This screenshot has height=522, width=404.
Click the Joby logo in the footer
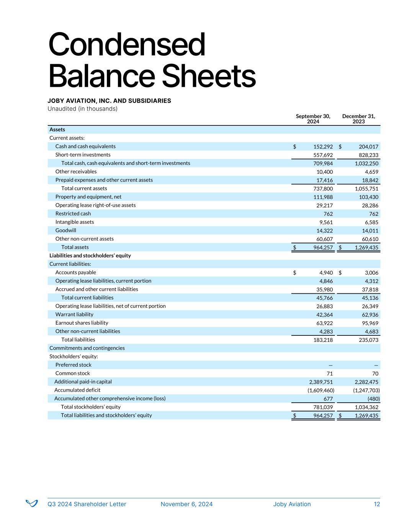click(x=31, y=503)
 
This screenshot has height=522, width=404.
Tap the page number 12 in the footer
click(x=377, y=504)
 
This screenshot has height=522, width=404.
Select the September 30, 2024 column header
click(x=313, y=119)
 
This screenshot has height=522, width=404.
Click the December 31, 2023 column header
click(x=358, y=119)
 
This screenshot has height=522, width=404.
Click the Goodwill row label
click(x=65, y=230)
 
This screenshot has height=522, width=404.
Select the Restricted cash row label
click(x=73, y=213)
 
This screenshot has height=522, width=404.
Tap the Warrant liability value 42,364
click(x=323, y=314)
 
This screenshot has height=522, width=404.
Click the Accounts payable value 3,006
click(x=371, y=273)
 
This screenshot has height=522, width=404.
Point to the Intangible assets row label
click(x=75, y=222)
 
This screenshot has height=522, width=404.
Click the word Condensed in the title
click(x=127, y=45)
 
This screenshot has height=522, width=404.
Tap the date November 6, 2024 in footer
click(x=186, y=504)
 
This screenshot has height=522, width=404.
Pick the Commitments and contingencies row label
click(x=87, y=348)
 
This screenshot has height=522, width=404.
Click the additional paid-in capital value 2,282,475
click(x=365, y=382)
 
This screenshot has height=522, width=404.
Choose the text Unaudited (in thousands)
click(x=82, y=109)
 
